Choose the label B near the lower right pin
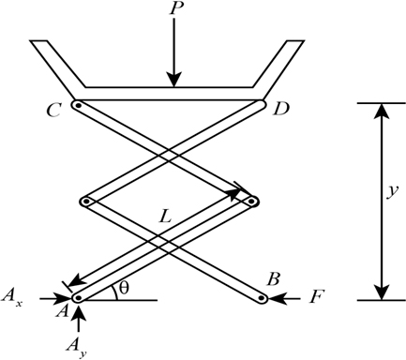pyautogui.click(x=274, y=279)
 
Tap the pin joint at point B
pyautogui.click(x=263, y=300)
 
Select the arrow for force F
pyautogui.click(x=291, y=300)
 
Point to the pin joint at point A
pyautogui.click(x=78, y=298)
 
